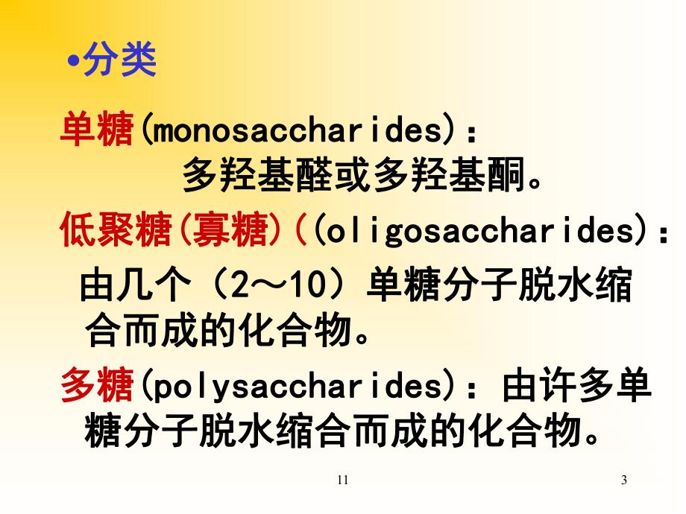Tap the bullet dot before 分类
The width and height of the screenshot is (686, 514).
pyautogui.click(x=72, y=64)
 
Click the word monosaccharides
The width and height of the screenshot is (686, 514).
pyautogui.click(x=295, y=132)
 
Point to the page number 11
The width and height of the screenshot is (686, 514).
pyautogui.click(x=342, y=480)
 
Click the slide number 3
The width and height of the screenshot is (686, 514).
pyautogui.click(x=624, y=480)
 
